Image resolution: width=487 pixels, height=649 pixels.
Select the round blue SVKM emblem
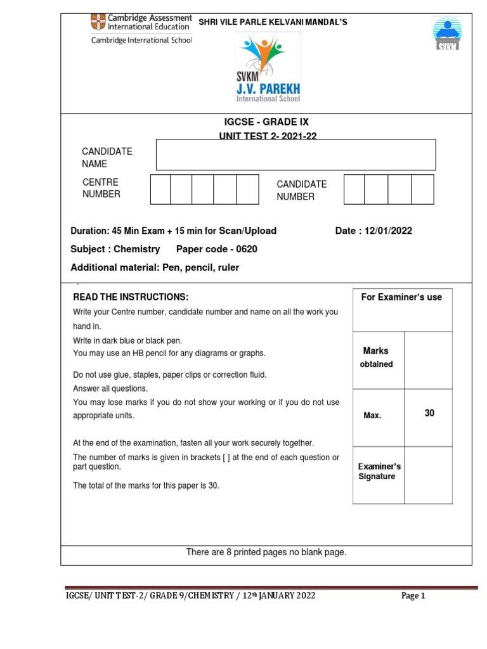448,32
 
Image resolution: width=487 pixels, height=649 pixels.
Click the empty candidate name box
295,155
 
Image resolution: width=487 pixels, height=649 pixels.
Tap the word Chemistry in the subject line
136,249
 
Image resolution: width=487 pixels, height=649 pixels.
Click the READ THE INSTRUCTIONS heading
131,297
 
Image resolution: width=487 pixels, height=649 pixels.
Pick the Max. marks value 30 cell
429,413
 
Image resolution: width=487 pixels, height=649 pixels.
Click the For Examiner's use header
401,297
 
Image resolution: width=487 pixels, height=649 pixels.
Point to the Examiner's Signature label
380,472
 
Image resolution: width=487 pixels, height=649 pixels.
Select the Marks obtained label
377,357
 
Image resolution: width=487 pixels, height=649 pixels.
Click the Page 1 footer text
413,596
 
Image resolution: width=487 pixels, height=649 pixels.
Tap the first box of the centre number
160,189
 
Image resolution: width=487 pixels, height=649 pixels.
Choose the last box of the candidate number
422,189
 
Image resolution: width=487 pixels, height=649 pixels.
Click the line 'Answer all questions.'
110,389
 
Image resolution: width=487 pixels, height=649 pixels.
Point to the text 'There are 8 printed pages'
266,552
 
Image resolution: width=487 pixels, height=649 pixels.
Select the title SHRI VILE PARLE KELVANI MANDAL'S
273,23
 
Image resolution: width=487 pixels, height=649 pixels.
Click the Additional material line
155,267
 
